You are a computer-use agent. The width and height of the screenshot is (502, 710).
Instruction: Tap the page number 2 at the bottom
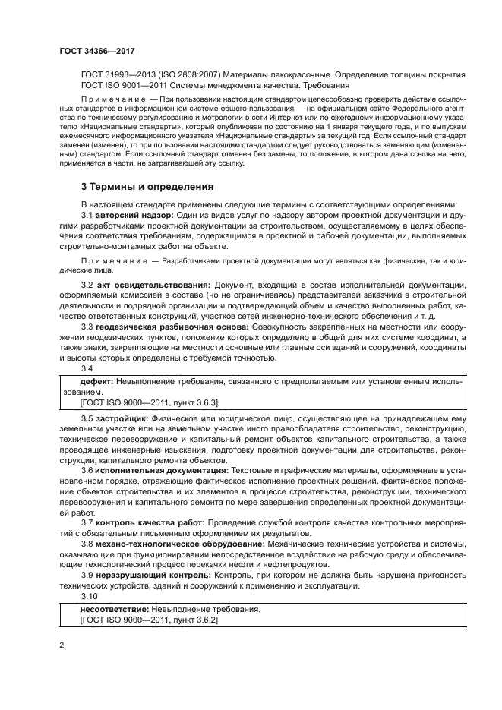pos(60,645)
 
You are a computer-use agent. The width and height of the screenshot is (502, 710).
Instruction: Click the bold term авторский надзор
pos(136,216)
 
